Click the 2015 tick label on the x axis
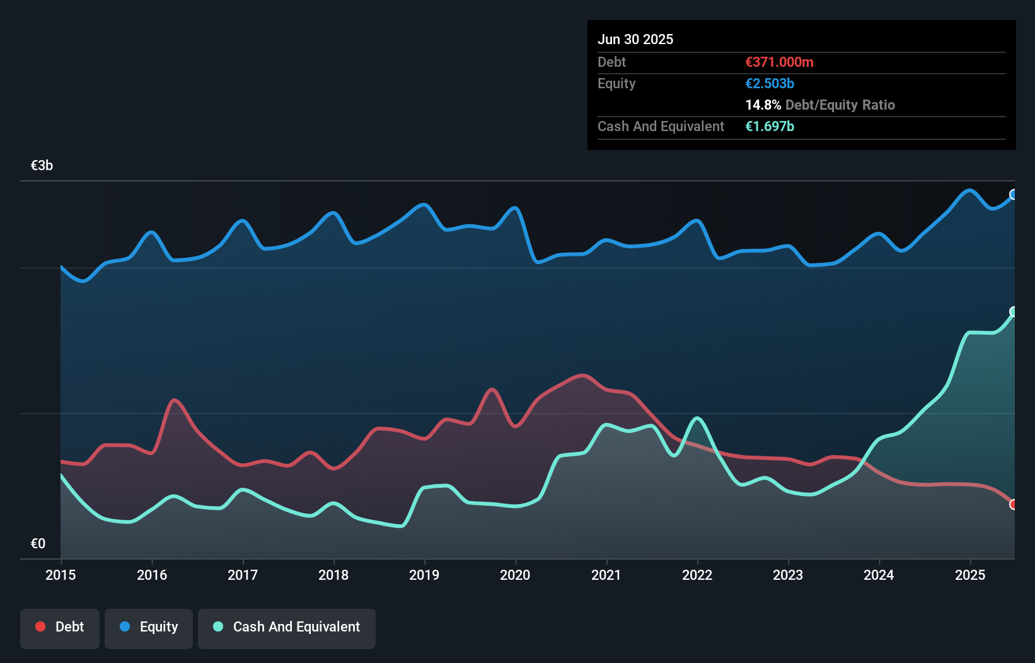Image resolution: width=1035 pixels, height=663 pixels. (61, 575)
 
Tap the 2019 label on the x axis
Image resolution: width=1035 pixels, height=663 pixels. (424, 575)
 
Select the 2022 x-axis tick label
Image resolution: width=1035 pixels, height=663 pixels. (697, 575)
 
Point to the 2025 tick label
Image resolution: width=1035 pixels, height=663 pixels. (970, 575)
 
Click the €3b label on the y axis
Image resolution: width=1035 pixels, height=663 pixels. (42, 165)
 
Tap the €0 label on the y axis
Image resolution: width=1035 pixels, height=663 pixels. (38, 543)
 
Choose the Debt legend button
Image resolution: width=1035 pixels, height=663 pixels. (60, 627)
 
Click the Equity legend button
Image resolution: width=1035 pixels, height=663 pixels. (149, 627)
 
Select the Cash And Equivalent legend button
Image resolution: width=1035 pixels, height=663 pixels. (287, 627)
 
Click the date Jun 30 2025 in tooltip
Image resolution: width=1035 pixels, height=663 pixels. (635, 39)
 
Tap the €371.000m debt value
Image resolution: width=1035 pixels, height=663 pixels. (779, 62)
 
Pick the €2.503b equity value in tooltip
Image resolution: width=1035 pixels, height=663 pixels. (770, 83)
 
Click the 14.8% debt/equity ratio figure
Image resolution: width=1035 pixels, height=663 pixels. (763, 105)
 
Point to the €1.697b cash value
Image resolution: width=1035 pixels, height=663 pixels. (770, 126)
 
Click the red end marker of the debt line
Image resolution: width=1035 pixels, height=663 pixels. (1014, 504)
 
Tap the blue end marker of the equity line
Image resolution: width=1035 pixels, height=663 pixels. (1014, 195)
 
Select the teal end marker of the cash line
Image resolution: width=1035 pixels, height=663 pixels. (1014, 311)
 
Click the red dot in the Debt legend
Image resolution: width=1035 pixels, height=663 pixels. (40, 626)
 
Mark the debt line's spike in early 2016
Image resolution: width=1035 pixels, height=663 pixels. (174, 400)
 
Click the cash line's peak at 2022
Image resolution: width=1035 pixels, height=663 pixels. (697, 418)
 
